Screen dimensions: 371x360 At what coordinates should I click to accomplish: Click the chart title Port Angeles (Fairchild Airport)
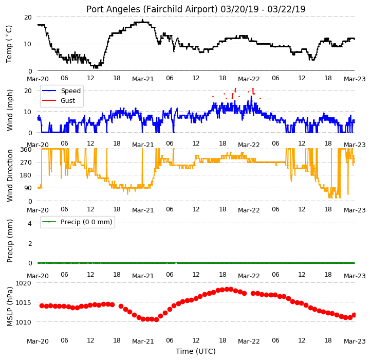pos(152,9)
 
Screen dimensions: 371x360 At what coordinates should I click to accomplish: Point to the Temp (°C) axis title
pos(9,44)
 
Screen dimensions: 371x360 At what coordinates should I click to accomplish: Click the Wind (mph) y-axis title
pos(9,110)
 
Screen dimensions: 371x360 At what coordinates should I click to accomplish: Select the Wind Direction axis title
pos(9,175)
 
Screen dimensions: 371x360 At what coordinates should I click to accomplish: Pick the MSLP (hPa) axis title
pos(9,307)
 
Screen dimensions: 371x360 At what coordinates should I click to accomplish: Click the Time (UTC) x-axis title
pos(196,351)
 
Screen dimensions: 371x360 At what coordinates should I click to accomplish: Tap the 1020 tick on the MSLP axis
pos(23,283)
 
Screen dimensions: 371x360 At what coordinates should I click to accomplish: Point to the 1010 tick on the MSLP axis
pos(23,322)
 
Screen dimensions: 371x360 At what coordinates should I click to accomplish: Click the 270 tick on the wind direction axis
pos(26,163)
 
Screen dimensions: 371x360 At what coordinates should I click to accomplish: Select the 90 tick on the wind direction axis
pos(28,188)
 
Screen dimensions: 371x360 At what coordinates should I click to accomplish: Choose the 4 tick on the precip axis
pos(30,223)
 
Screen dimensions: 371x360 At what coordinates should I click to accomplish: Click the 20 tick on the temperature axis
pos(28,17)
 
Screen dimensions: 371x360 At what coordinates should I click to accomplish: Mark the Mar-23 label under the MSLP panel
pos(355,341)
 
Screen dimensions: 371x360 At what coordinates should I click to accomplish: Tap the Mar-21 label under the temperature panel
pos(143,79)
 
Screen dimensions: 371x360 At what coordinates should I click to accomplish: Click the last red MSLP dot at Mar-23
pos(354,315)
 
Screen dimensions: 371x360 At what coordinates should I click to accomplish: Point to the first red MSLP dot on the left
pos(42,306)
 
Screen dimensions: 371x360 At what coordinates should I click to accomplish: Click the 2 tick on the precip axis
pos(30,243)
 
